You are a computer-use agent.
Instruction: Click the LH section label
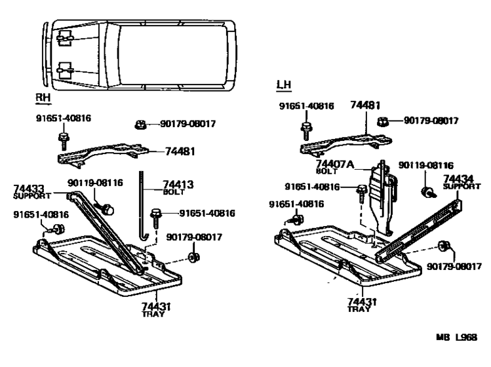click(283, 85)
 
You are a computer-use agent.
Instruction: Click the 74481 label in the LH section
click(364, 105)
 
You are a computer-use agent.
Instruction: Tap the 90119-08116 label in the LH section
click(425, 166)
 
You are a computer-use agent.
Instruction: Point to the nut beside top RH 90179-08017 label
click(139, 125)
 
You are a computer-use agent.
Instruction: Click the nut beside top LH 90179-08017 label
click(385, 121)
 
